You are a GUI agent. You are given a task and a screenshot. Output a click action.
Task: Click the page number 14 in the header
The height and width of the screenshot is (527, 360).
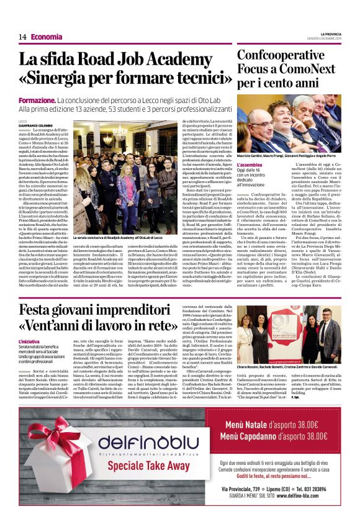pos(22,37)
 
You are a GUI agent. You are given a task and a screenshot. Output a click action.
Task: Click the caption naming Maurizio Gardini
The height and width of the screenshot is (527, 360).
pos(289,155)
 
